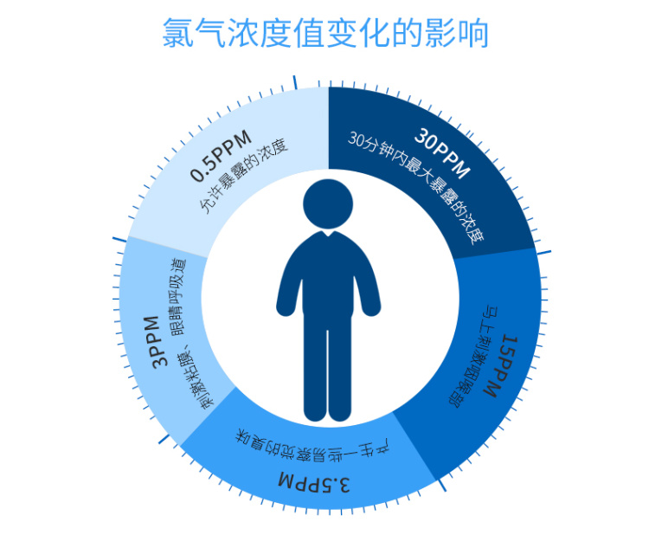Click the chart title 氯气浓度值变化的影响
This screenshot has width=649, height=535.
pyautogui.click(x=325, y=33)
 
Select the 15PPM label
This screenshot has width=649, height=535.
pyautogui.click(x=502, y=366)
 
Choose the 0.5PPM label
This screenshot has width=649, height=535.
pyautogui.click(x=222, y=155)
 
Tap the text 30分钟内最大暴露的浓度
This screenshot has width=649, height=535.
pyautogui.click(x=415, y=187)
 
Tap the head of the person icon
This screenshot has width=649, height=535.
pyautogui.click(x=328, y=203)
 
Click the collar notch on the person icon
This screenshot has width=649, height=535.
pyautogui.click(x=328, y=234)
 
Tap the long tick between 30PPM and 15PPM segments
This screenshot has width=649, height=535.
pyautogui.click(x=543, y=253)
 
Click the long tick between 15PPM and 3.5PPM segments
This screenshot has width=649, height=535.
pyautogui.click(x=441, y=486)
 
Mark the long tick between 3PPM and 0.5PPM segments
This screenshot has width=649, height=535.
pyautogui.click(x=120, y=239)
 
